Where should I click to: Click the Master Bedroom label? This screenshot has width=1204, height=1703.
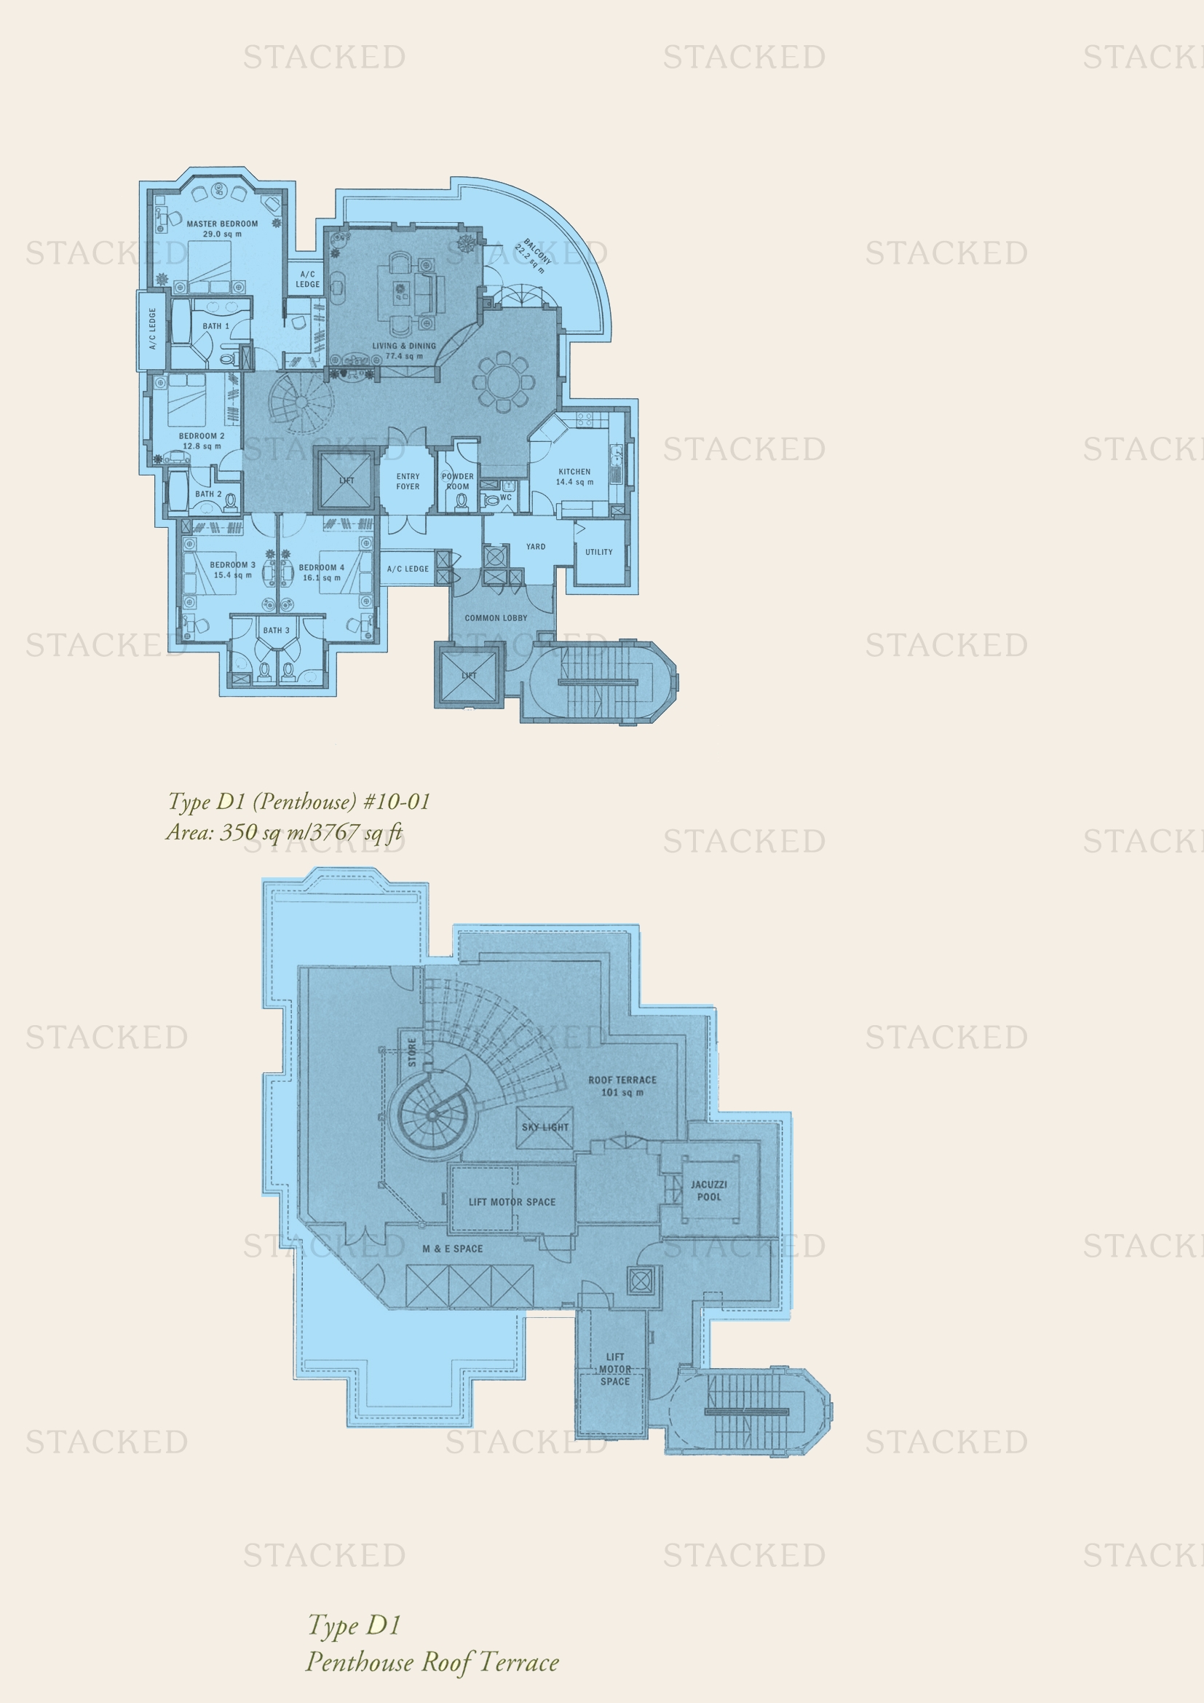pyautogui.click(x=223, y=224)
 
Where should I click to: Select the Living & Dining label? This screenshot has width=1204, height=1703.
pyautogui.click(x=404, y=346)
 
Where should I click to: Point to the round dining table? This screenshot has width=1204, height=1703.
pyautogui.click(x=504, y=383)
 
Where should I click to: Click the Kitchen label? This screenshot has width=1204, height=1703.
pyautogui.click(x=574, y=472)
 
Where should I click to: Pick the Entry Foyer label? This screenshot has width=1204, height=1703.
pyautogui.click(x=408, y=481)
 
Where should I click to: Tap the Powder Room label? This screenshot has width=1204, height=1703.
pyautogui.click(x=457, y=481)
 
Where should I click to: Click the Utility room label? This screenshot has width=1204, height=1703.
pyautogui.click(x=599, y=552)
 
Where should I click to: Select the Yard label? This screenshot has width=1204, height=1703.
pyautogui.click(x=536, y=547)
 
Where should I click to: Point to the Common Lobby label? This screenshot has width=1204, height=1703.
pyautogui.click(x=496, y=618)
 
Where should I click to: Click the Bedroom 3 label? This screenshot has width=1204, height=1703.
pyautogui.click(x=232, y=564)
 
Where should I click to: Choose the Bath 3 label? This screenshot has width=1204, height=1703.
pyautogui.click(x=277, y=631)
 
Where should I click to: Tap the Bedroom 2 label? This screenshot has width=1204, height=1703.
pyautogui.click(x=202, y=436)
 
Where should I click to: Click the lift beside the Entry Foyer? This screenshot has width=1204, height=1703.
pyautogui.click(x=346, y=480)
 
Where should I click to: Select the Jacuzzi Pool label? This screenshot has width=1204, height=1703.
pyautogui.click(x=709, y=1190)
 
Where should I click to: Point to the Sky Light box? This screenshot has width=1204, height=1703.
pyautogui.click(x=545, y=1127)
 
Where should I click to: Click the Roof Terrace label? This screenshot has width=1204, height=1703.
pyautogui.click(x=622, y=1080)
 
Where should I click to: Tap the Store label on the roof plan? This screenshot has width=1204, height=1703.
pyautogui.click(x=412, y=1053)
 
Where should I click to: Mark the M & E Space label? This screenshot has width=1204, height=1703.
pyautogui.click(x=452, y=1249)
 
